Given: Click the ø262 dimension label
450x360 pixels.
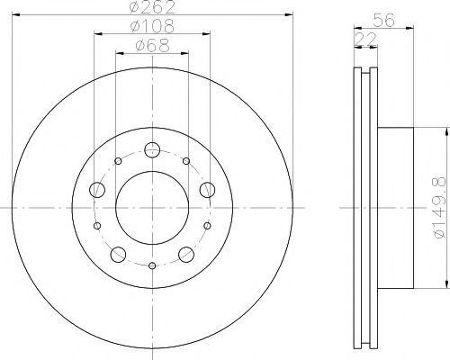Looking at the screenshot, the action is click(152, 6).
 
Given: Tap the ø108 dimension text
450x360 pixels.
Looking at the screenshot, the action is click(152, 26).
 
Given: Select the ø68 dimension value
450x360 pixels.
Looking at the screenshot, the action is click(152, 46).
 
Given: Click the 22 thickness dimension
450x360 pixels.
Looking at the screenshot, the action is click(365, 39).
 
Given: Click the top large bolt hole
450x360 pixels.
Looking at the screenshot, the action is click(152, 149).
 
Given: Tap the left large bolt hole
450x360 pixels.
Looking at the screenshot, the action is click(97, 190).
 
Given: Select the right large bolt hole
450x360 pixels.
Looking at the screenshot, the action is click(207, 190).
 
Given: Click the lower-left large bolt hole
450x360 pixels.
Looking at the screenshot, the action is click(118, 255).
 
